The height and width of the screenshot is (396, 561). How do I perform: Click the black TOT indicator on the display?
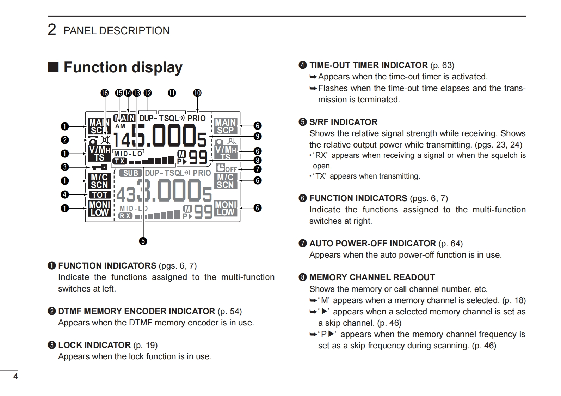click(x=100, y=194)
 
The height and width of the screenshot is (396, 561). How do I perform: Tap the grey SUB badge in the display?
click(x=130, y=173)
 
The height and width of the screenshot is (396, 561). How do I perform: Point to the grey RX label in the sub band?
click(x=125, y=216)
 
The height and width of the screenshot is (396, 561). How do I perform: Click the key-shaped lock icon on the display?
click(x=99, y=167)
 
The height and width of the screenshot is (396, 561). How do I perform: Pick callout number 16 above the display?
click(x=105, y=93)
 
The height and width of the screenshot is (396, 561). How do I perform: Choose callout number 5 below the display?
click(x=143, y=241)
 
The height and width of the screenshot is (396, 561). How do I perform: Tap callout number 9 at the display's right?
click(x=258, y=136)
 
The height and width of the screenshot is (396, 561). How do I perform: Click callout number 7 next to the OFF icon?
click(x=258, y=169)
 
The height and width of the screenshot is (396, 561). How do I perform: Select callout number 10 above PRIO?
click(x=197, y=93)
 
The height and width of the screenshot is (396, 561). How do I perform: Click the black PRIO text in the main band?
click(x=196, y=119)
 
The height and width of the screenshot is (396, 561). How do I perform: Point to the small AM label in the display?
click(x=120, y=126)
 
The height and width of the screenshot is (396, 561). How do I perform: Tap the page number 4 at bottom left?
click(x=16, y=376)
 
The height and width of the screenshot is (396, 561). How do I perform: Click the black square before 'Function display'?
click(x=53, y=67)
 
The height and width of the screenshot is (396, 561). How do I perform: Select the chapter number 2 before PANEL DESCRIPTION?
click(x=52, y=30)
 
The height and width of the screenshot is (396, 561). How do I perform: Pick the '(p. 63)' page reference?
click(x=442, y=65)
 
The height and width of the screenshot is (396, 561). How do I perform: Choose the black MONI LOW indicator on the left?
click(x=100, y=209)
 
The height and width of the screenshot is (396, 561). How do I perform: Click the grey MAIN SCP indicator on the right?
click(x=226, y=126)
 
